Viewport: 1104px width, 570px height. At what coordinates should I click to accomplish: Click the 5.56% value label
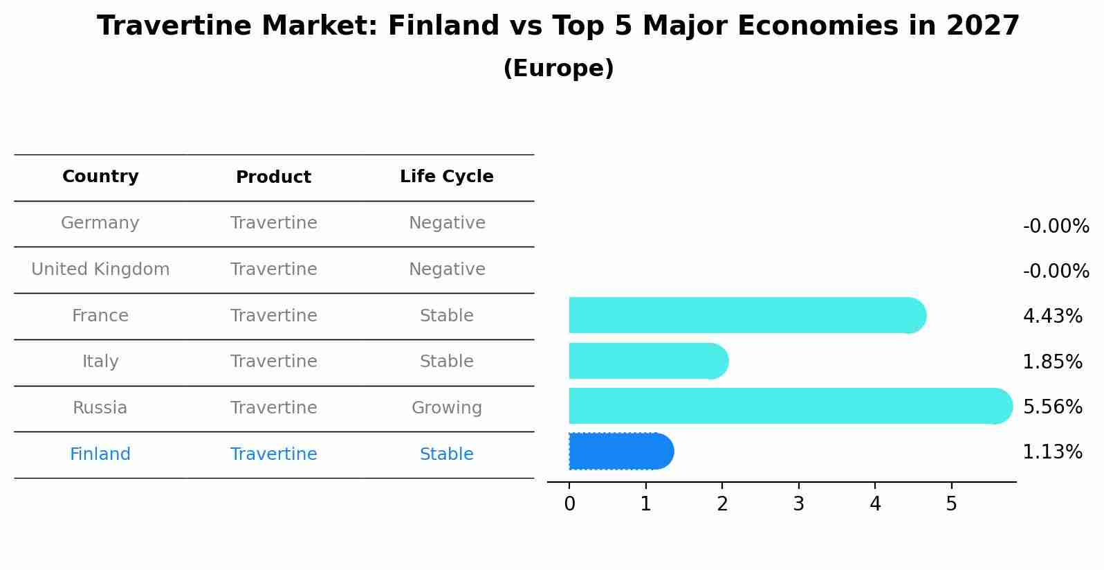pyautogui.click(x=1052, y=407)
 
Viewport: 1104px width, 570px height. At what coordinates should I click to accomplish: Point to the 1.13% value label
pyautogui.click(x=1052, y=452)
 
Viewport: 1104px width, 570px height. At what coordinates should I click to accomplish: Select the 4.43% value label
pyautogui.click(x=1052, y=317)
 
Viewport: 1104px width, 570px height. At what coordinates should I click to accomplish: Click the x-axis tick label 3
pyautogui.click(x=799, y=504)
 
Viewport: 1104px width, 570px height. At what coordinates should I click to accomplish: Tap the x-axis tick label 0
pyautogui.click(x=569, y=504)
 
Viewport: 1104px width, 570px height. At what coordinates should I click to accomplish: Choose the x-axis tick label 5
pyautogui.click(x=951, y=504)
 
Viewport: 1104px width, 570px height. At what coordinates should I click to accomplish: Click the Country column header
pyautogui.click(x=100, y=177)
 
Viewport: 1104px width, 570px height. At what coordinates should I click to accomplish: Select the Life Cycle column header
pyautogui.click(x=447, y=177)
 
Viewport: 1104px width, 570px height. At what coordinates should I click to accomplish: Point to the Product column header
pyautogui.click(x=273, y=177)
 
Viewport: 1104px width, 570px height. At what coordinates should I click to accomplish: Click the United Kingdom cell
pyautogui.click(x=100, y=269)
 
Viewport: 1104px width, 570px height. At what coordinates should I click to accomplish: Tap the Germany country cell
pyautogui.click(x=100, y=223)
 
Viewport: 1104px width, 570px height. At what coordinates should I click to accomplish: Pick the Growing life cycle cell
pyautogui.click(x=447, y=408)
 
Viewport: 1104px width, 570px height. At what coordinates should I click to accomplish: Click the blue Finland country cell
pyautogui.click(x=100, y=454)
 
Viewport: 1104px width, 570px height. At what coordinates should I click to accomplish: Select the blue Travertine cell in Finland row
pyautogui.click(x=273, y=454)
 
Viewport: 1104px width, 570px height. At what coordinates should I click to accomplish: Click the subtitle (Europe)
pyautogui.click(x=558, y=69)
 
